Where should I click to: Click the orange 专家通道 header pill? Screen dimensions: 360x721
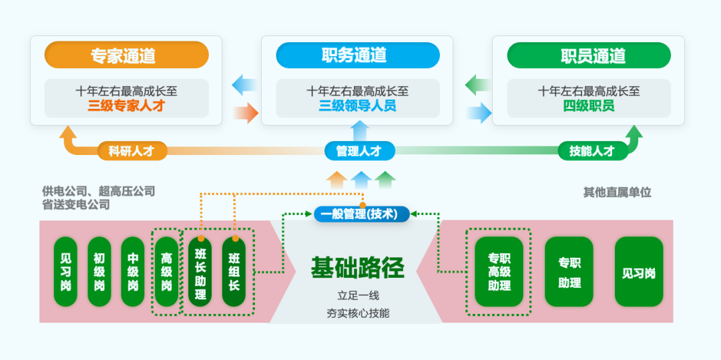click(x=126, y=55)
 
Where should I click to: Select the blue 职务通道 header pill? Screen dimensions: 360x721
click(x=357, y=55)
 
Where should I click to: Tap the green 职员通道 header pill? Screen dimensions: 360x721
click(x=588, y=55)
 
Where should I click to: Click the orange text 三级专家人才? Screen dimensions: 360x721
click(x=126, y=106)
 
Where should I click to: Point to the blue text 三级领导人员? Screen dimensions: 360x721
click(x=357, y=106)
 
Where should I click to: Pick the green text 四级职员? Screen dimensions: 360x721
click(x=588, y=106)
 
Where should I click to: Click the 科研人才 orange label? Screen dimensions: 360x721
click(x=132, y=151)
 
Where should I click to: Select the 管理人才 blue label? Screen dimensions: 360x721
click(x=359, y=151)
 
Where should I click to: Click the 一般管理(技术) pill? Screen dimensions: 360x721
click(x=361, y=214)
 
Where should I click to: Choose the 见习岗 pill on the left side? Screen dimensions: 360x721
click(x=65, y=272)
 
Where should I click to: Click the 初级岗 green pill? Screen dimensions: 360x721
click(x=99, y=272)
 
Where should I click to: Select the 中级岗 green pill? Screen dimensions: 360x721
click(x=133, y=272)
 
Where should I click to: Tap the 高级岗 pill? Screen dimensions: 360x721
click(x=167, y=272)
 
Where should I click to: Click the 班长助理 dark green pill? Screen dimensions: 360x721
click(x=200, y=273)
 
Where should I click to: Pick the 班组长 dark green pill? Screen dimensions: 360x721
click(x=234, y=273)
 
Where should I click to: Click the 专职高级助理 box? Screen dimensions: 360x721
click(x=499, y=272)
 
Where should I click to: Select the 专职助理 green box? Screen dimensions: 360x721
click(x=569, y=272)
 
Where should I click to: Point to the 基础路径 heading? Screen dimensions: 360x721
click(x=357, y=268)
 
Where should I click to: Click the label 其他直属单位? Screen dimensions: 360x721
click(x=617, y=192)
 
